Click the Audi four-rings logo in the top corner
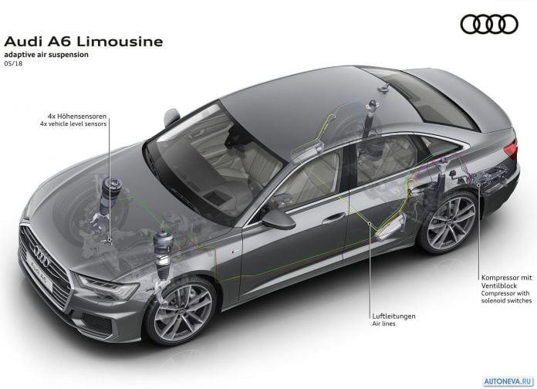click(489, 24)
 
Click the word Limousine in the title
click(120, 42)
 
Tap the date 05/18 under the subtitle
click(13, 63)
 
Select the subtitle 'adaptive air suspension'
click(46, 55)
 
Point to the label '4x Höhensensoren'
click(77, 117)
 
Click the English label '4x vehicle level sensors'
click(73, 123)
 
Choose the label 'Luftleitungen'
click(393, 316)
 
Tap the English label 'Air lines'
click(384, 323)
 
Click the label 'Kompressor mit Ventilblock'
click(506, 282)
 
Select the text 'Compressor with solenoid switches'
click(506, 297)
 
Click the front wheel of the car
click(181, 311)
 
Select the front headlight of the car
click(109, 287)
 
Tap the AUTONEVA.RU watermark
click(508, 381)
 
